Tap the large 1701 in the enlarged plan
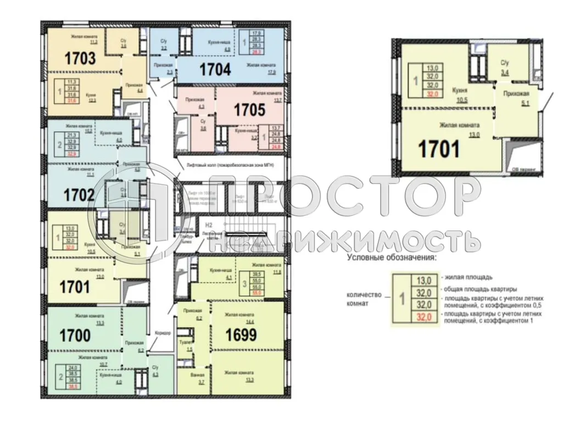[439, 149]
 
